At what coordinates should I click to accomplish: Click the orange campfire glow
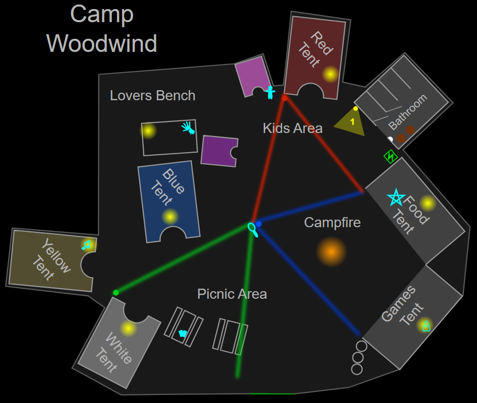pyautogui.click(x=331, y=251)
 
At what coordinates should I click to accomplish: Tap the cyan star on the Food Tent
pyautogui.click(x=396, y=197)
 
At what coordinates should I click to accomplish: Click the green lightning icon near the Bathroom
pyautogui.click(x=390, y=157)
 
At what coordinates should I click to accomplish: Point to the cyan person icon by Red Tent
pyautogui.click(x=270, y=92)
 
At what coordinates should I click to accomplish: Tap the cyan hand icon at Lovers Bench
pyautogui.click(x=189, y=128)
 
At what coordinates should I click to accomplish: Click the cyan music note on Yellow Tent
pyautogui.click(x=87, y=245)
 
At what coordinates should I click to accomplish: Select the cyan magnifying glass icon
pyautogui.click(x=253, y=230)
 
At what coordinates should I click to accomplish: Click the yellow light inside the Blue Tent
pyautogui.click(x=170, y=217)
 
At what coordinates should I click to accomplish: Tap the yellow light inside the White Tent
pyautogui.click(x=128, y=328)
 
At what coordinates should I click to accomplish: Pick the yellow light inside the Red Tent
pyautogui.click(x=330, y=74)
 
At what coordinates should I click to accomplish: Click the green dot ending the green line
pyautogui.click(x=116, y=293)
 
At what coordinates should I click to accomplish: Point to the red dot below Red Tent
pyautogui.click(x=284, y=98)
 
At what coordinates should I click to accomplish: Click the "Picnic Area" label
pyautogui.click(x=232, y=294)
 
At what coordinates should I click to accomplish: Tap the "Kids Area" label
pyautogui.click(x=292, y=128)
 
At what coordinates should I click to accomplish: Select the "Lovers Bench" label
pyautogui.click(x=152, y=95)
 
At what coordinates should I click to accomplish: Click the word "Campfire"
pyautogui.click(x=332, y=222)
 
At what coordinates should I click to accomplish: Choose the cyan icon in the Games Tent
pyautogui.click(x=426, y=326)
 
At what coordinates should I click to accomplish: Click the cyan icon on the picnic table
pyautogui.click(x=183, y=333)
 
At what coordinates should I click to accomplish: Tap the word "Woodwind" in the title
pyautogui.click(x=102, y=43)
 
